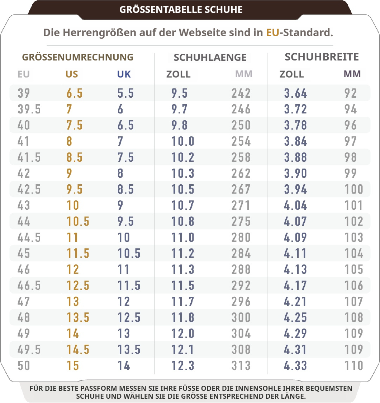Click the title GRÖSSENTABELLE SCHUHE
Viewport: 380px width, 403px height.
[181, 10]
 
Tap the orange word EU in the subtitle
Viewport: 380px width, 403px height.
[273, 33]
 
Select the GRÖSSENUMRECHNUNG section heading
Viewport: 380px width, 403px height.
[78, 57]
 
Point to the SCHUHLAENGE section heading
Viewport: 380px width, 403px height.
[210, 58]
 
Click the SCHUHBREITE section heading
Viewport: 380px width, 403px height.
[322, 57]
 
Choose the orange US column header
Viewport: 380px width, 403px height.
[72, 74]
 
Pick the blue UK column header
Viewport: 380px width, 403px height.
[124, 74]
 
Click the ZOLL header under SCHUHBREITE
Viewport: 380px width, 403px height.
[292, 74]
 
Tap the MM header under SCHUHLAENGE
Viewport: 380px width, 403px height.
[244, 74]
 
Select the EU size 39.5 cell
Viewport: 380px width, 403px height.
[29, 109]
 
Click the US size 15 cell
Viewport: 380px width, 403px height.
[73, 366]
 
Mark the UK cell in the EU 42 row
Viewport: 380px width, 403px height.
[120, 174]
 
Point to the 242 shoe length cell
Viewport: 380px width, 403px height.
[241, 93]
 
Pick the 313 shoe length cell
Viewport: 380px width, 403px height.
[241, 366]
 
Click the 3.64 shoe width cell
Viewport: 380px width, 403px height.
[296, 93]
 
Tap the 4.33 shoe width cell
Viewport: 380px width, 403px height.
[296, 366]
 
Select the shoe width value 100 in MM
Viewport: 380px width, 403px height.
[354, 189]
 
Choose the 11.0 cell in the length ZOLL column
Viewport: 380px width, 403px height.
[183, 238]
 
